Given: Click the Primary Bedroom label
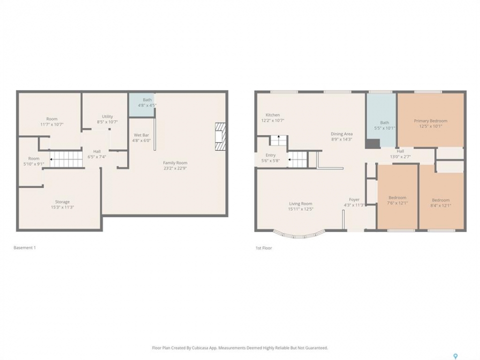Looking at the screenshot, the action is click(430, 121).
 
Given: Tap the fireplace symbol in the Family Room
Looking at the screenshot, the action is click(220, 136).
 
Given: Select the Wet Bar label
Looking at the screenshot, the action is click(141, 135).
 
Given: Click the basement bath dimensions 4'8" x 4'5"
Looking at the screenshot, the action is click(147, 105).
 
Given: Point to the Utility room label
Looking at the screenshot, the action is click(107, 116).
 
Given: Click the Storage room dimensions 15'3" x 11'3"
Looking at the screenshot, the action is click(62, 207).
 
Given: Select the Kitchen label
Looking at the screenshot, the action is click(272, 115).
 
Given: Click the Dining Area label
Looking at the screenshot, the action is click(341, 134).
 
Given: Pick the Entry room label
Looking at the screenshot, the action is click(270, 155).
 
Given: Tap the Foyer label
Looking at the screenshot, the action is click(354, 199).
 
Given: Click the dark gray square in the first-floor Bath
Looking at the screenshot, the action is click(372, 144).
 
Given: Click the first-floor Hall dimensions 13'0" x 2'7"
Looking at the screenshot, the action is click(400, 156).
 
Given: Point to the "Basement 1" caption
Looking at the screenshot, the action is click(25, 247).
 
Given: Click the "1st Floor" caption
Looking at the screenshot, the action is click(263, 248).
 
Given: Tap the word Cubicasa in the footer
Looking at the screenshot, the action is click(201, 348).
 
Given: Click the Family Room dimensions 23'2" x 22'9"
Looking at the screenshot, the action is click(175, 168).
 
